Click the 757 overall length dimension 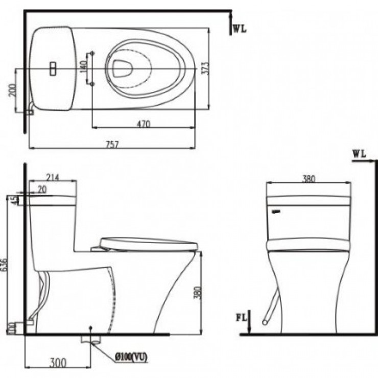[x=112, y=144]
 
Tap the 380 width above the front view [x=309, y=179]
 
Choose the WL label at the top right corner [x=239, y=29]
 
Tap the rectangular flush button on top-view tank [x=52, y=68]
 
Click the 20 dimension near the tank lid [x=40, y=189]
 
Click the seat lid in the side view [x=148, y=243]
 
